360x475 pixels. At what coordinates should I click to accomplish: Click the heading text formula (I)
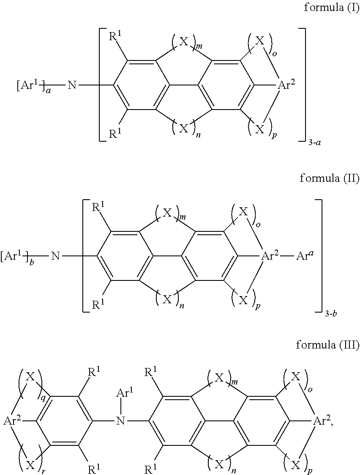[331, 8]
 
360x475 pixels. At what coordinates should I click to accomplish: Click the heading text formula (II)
[329, 178]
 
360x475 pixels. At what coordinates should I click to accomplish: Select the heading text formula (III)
[327, 345]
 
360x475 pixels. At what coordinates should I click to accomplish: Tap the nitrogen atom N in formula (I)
[72, 85]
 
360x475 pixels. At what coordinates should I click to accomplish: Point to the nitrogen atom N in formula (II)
[55, 256]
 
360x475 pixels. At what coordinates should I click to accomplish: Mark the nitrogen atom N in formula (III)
[121, 421]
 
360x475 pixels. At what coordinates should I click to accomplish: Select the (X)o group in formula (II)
[245, 212]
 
